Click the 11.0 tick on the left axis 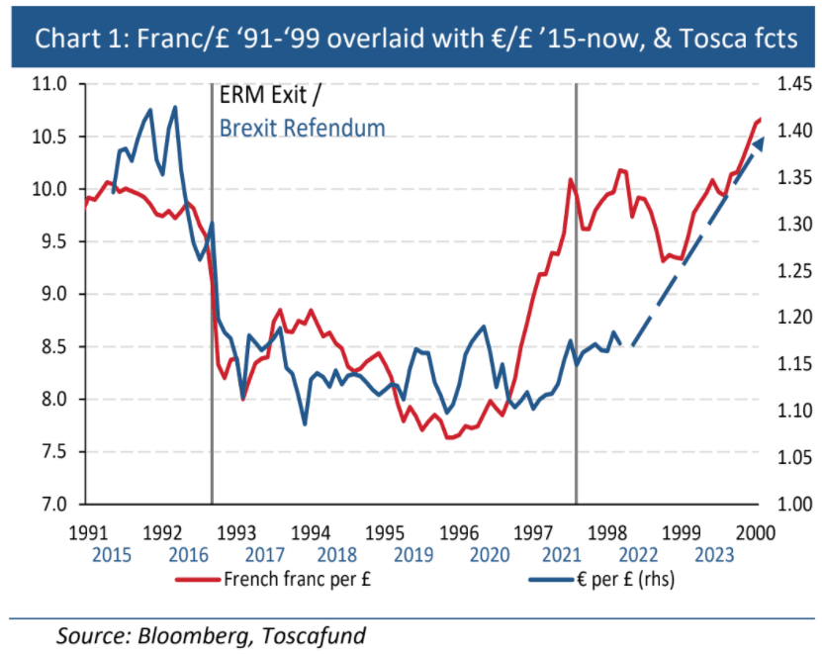pos(49,84)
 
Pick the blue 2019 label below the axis pos(413,554)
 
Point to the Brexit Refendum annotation pos(302,128)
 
